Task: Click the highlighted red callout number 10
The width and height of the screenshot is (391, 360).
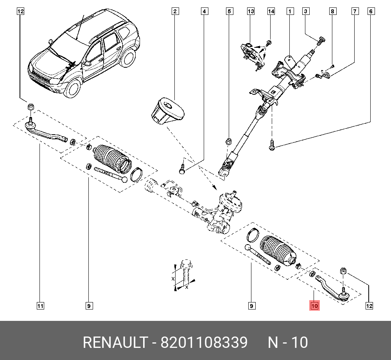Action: tap(315, 306)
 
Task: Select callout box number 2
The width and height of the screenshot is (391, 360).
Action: tap(175, 11)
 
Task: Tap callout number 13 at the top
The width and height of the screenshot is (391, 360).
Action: tap(251, 11)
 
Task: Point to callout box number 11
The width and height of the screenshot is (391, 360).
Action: tap(40, 306)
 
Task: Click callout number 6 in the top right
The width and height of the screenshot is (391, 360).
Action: tap(370, 11)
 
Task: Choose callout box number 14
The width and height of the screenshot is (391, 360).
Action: tap(271, 11)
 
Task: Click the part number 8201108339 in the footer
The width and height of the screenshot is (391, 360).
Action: tap(204, 343)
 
